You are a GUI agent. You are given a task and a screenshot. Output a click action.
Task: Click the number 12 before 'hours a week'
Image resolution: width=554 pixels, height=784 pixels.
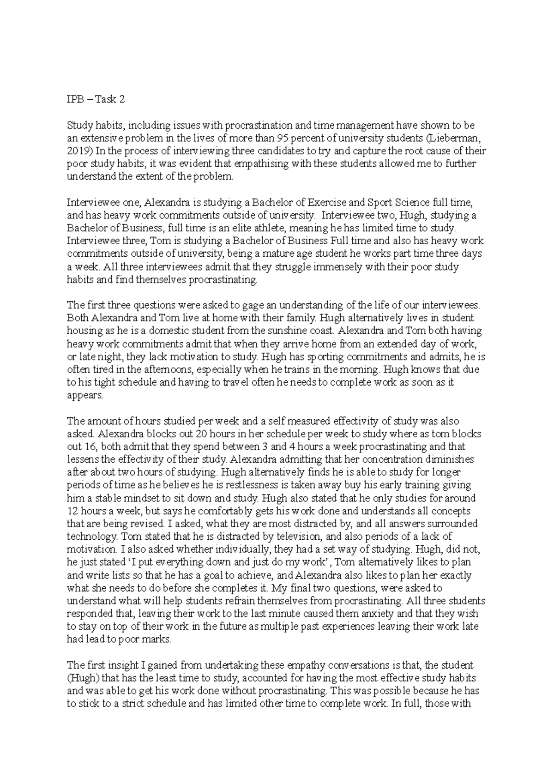72,511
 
